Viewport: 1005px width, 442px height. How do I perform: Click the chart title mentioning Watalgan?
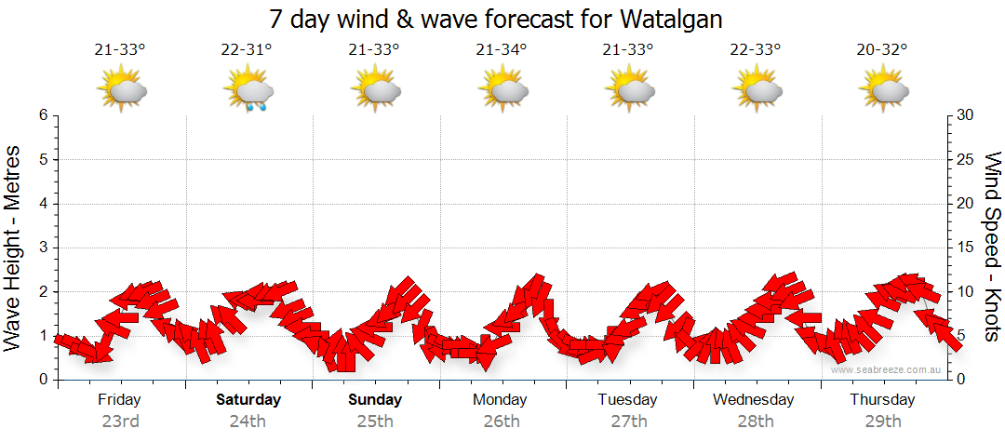pos(495,19)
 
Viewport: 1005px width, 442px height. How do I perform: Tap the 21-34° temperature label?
pos(502,50)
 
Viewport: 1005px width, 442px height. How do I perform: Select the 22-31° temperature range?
pos(248,50)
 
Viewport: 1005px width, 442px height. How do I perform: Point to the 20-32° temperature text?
pos(882,50)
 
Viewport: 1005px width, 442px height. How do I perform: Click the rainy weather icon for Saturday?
pos(248,90)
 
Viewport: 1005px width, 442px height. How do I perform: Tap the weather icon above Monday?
pos(502,89)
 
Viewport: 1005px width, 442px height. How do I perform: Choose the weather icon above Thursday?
pos(883,89)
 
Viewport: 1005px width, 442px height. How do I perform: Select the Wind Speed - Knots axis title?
pos(991,247)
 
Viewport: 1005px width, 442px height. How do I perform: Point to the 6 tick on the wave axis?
pos(43,115)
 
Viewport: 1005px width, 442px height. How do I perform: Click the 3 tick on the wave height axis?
pos(43,248)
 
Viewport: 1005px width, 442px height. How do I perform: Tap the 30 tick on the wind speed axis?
pos(965,115)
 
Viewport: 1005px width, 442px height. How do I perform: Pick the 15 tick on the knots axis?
pos(965,248)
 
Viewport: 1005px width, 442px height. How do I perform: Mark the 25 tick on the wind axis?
pos(965,159)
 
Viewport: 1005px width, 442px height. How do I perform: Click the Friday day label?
pos(120,400)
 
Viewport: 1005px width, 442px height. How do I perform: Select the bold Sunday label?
pos(375,400)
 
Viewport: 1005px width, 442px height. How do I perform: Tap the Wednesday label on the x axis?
pos(754,400)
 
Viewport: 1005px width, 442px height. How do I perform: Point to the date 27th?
pos(628,422)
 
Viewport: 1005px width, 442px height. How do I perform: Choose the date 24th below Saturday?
pos(248,422)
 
